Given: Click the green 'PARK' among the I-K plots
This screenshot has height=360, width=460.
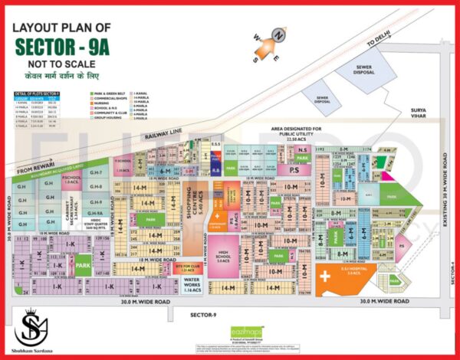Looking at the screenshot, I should coord(81,267).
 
